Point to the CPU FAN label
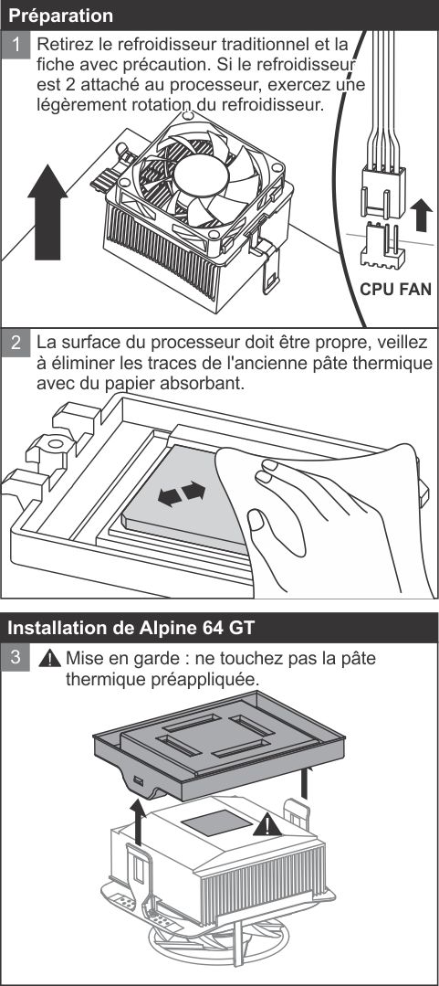point(395,291)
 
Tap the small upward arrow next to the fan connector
point(420,217)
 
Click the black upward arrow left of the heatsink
point(136,820)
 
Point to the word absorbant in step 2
point(207,384)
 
